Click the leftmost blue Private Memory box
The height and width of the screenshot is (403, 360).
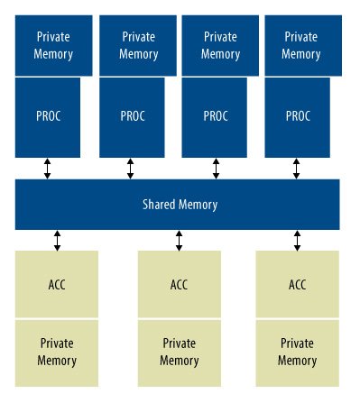pyautogui.click(x=54, y=45)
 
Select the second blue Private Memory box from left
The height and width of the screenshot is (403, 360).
pyautogui.click(x=138, y=45)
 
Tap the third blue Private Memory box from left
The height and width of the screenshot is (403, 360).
pyautogui.click(x=220, y=45)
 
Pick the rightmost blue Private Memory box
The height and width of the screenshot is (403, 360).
pyautogui.click(x=303, y=45)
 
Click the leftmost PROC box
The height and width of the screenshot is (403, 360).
pyautogui.click(x=48, y=117)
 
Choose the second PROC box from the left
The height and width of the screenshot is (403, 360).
pyautogui.click(x=132, y=117)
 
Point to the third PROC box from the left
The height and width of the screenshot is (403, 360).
pyautogui.click(x=215, y=117)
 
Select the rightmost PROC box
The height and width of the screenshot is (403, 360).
pyautogui.click(x=297, y=117)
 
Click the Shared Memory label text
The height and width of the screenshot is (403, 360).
pyautogui.click(x=180, y=205)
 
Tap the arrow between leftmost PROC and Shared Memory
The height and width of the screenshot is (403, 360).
pyautogui.click(x=47, y=169)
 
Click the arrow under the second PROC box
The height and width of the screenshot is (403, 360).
pyautogui.click(x=130, y=169)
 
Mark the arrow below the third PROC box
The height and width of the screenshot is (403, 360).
pyautogui.click(x=216, y=169)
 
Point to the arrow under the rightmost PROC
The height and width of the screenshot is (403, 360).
pyautogui.click(x=296, y=169)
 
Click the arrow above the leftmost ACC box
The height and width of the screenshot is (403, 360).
pyautogui.click(x=57, y=241)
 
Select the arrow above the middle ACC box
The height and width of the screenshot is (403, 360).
pyautogui.click(x=179, y=241)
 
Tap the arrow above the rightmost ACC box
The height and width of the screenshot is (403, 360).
pyautogui.click(x=297, y=241)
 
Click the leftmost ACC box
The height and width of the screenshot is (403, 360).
pyautogui.click(x=57, y=284)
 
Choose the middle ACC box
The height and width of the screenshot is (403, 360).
pyautogui.click(x=180, y=284)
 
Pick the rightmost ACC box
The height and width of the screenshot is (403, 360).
pyautogui.click(x=298, y=284)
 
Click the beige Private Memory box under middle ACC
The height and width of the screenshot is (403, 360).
pyautogui.click(x=180, y=353)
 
